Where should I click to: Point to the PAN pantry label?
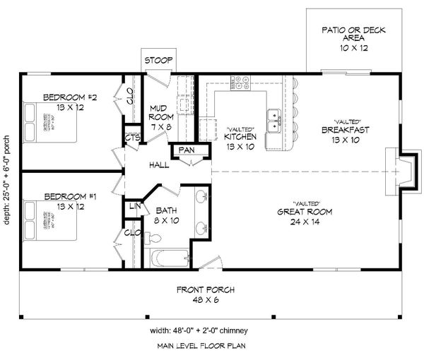click(187, 150)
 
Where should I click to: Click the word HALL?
click(158, 165)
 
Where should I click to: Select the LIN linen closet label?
click(134, 206)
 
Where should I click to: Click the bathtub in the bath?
click(168, 259)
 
